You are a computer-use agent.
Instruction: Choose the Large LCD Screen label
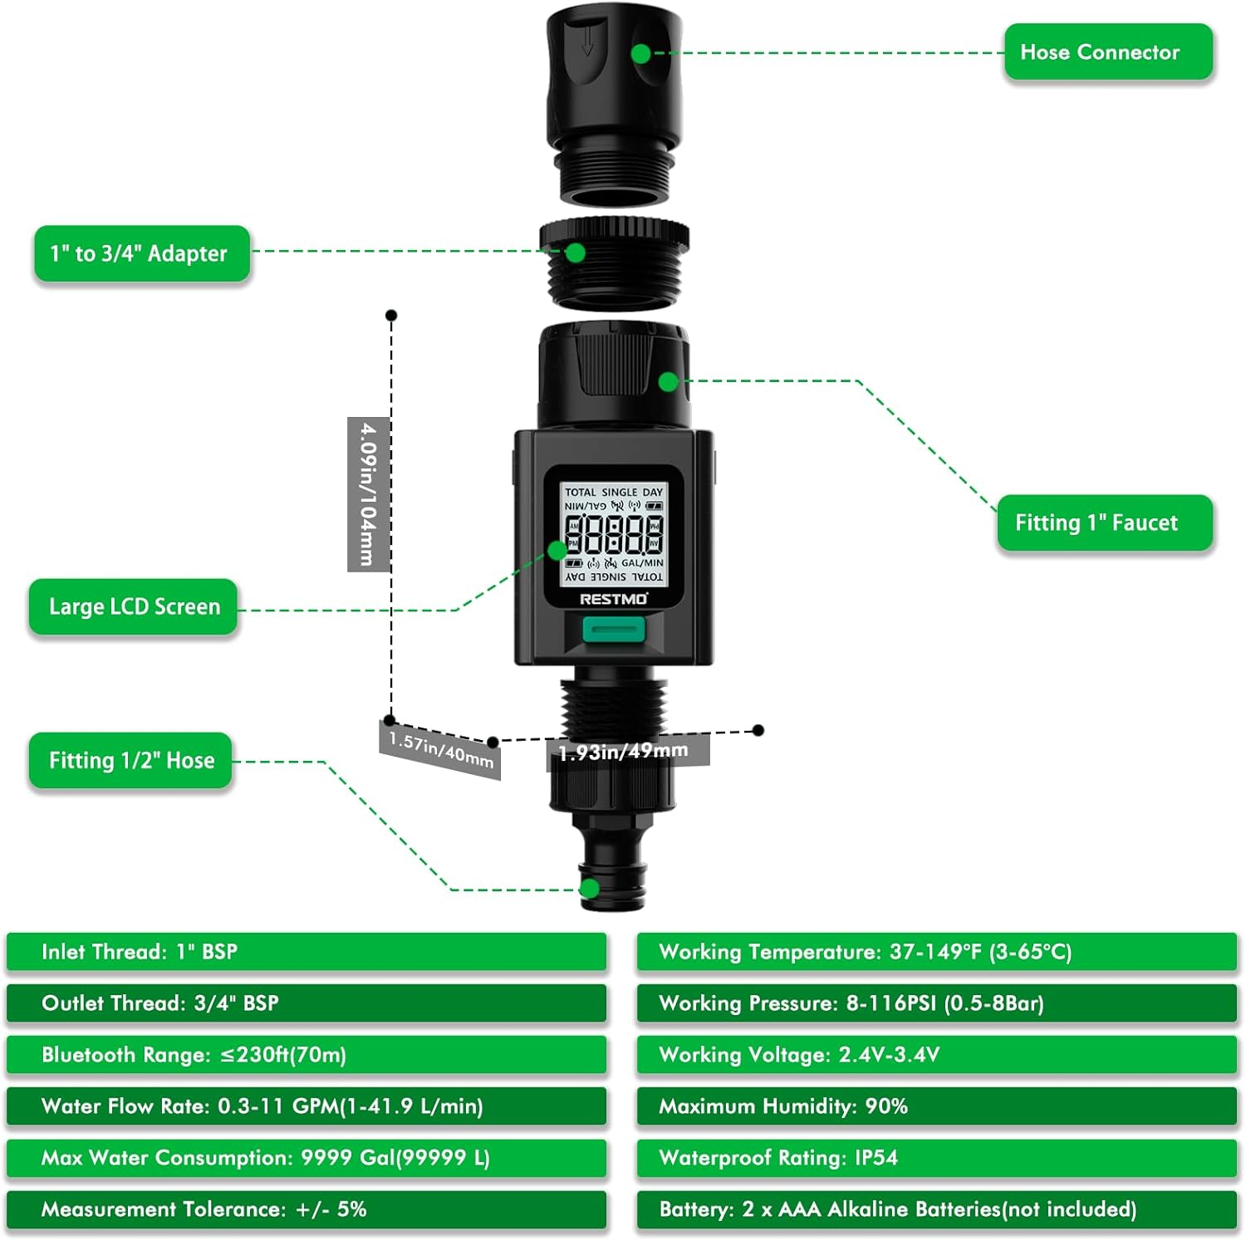[134, 606]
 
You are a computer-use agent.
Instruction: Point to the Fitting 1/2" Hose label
[130, 760]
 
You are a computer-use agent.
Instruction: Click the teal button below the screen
[613, 630]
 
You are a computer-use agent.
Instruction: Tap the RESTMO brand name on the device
[613, 599]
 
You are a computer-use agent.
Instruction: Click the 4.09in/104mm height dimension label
[368, 494]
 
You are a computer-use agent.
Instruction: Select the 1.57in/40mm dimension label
[440, 750]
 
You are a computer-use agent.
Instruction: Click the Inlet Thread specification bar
[306, 952]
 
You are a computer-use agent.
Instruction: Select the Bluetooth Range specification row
[306, 1055]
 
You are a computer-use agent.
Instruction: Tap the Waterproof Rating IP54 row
[936, 1158]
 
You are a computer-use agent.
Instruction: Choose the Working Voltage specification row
[936, 1055]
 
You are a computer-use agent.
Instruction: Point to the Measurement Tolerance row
[306, 1209]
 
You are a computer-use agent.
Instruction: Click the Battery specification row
[936, 1209]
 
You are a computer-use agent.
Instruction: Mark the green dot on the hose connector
[640, 53]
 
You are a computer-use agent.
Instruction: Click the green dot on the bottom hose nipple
[590, 889]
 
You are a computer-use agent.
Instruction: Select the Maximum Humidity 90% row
[936, 1106]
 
